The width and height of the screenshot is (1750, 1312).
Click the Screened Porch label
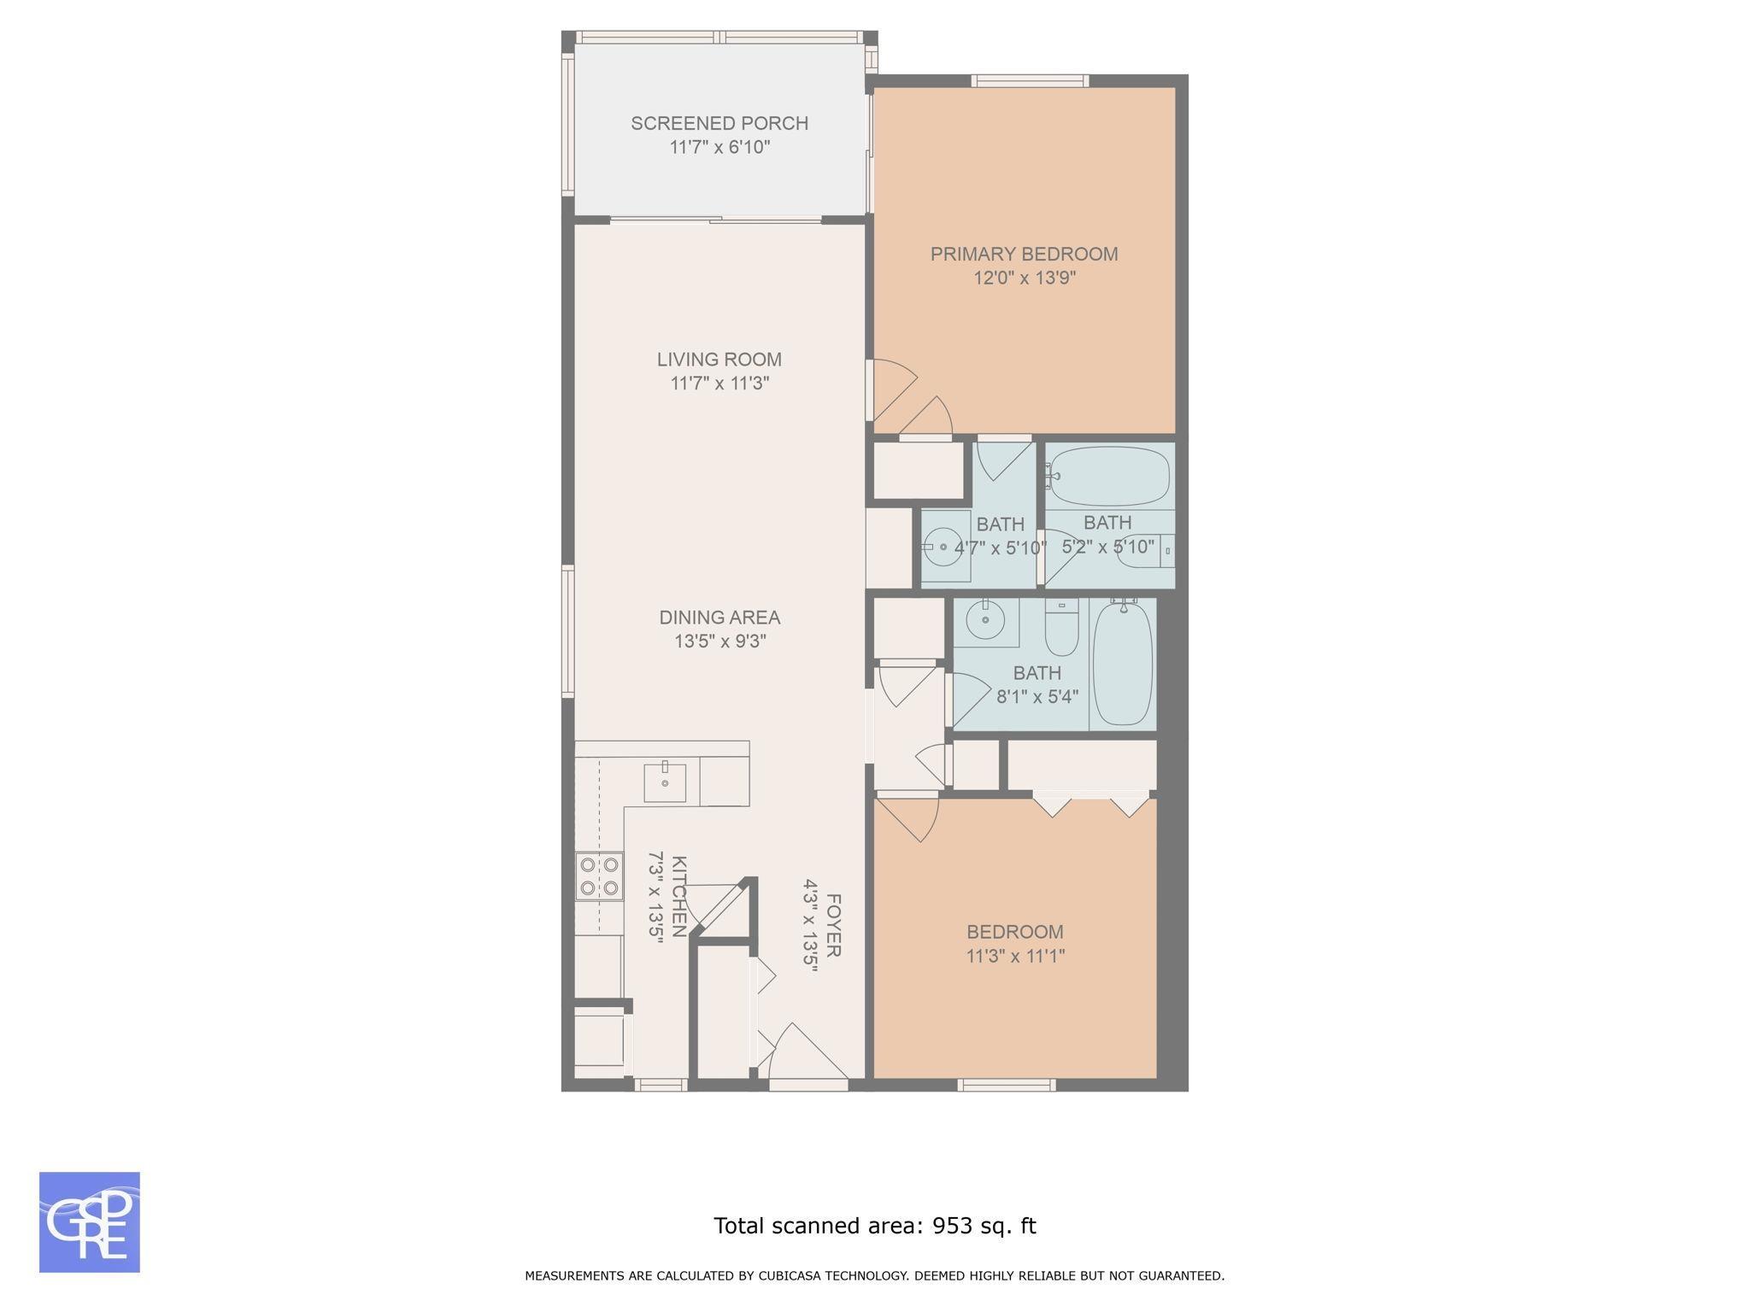point(719,123)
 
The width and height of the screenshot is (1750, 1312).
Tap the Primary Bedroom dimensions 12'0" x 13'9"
point(1024,278)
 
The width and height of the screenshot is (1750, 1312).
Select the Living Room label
point(719,360)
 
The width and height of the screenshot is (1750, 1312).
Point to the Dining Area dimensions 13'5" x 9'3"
point(719,641)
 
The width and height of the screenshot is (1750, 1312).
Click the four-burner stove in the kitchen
point(598,876)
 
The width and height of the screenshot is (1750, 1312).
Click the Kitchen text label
point(678,896)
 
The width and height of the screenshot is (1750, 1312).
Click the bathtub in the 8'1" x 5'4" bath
point(1123,664)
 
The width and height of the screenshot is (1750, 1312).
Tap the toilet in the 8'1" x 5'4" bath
point(1062,627)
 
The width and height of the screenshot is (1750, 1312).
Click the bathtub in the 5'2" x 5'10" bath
point(1109,476)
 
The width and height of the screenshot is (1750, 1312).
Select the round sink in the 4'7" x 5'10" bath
point(943,547)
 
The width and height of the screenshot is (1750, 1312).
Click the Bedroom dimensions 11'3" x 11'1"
point(1015,956)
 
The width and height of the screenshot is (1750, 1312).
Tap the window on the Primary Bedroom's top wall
point(1030,81)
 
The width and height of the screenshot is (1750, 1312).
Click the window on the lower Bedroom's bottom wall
point(1007,1085)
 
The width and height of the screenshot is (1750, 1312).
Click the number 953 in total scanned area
point(952,1226)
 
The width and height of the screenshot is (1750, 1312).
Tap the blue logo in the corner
point(90,1222)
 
